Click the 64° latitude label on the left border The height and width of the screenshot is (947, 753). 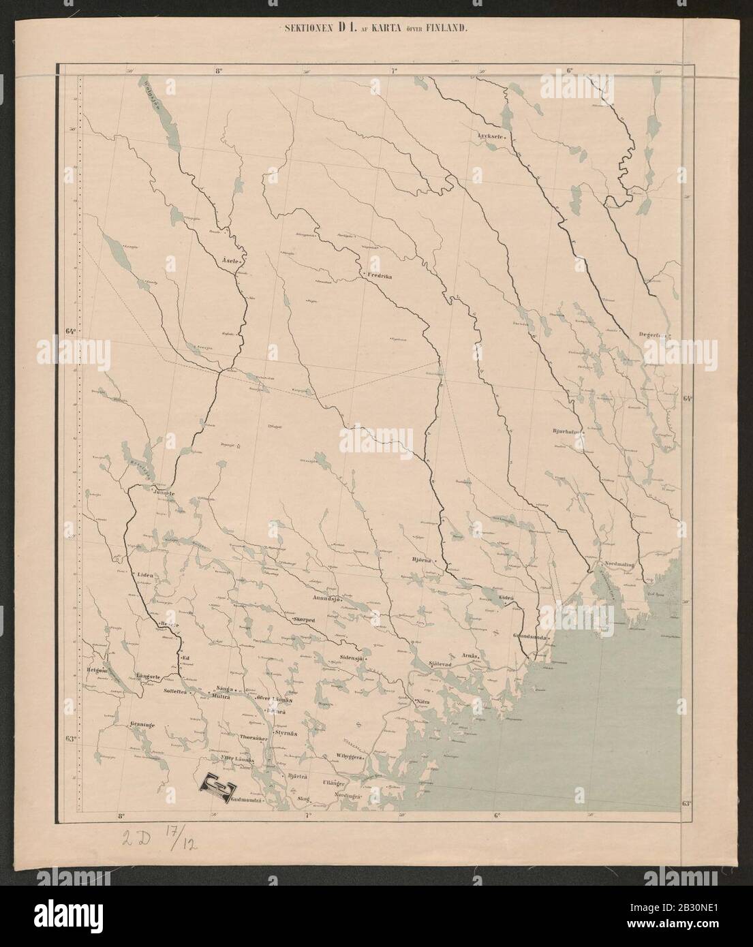click(70, 332)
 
